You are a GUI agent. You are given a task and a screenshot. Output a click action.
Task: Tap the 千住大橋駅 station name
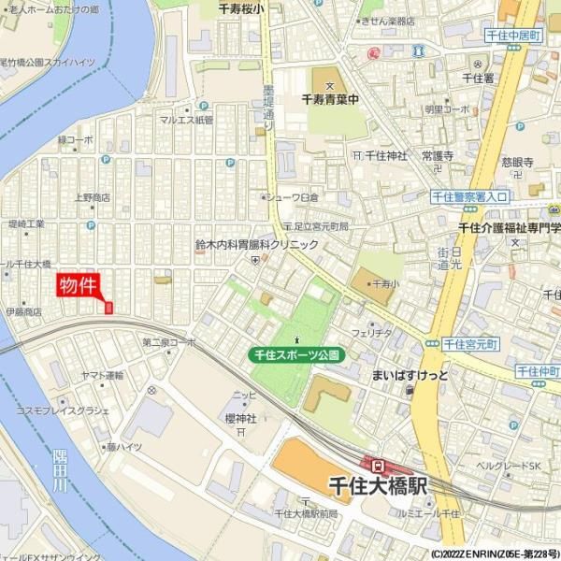point(378,486)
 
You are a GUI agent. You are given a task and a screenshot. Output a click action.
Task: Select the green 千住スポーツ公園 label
point(297,355)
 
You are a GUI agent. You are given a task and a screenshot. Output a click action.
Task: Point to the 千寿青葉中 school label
point(330,95)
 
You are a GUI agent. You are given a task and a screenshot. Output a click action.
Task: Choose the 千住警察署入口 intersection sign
point(469,197)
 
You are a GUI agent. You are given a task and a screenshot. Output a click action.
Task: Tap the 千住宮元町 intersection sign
point(470,344)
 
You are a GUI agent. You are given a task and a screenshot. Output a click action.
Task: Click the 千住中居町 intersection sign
point(514,36)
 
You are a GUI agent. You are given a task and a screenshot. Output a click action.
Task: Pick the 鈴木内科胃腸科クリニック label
point(256,245)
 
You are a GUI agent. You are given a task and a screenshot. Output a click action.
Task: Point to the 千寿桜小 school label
point(241,8)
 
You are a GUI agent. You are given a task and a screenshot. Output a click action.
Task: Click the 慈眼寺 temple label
point(517,162)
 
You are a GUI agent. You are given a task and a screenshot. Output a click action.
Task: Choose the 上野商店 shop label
point(92,197)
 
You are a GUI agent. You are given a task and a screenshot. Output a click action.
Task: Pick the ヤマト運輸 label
point(102,375)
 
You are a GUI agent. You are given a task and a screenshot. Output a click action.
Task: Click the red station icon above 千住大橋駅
point(377,465)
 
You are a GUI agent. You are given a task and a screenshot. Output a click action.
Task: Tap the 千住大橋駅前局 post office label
point(307,514)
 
